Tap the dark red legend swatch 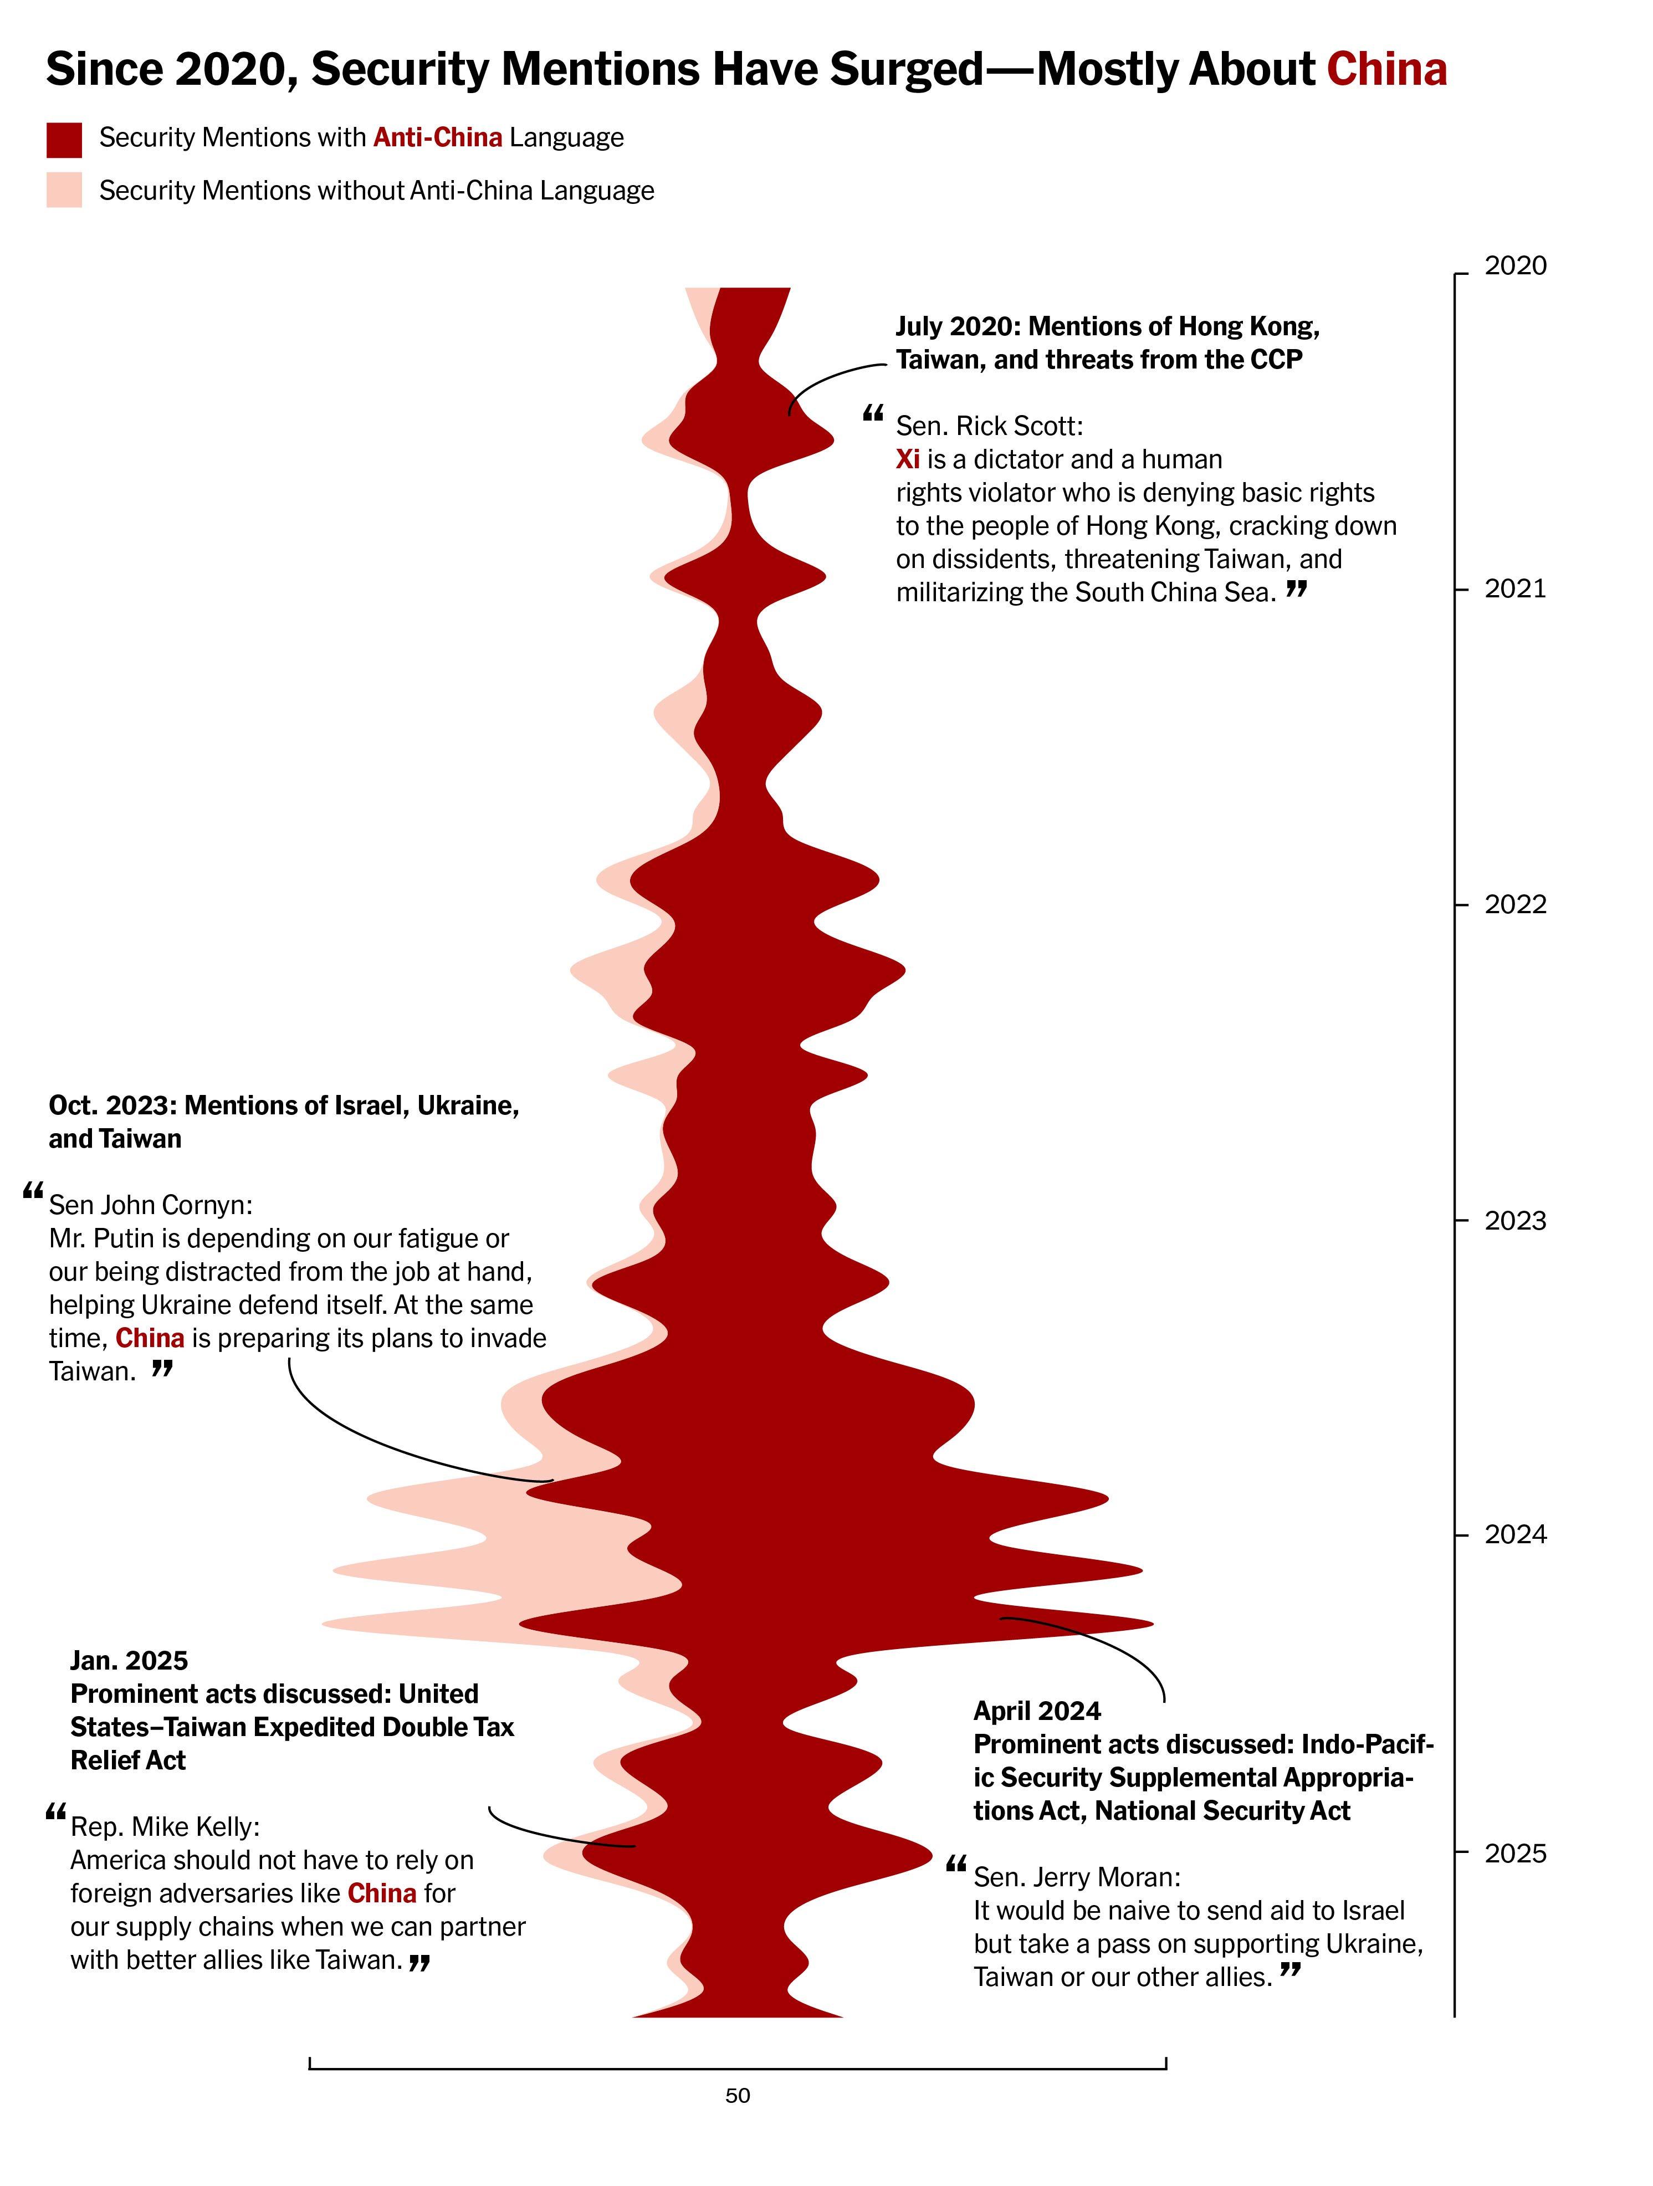pos(64,139)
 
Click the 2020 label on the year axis pos(1514,266)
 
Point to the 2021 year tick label pos(1514,589)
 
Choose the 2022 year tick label pos(1514,904)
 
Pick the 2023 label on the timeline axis pos(1514,1221)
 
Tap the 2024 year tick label pos(1514,1535)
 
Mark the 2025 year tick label pos(1514,1854)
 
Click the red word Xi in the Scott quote pos(907,459)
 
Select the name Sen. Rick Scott pos(989,426)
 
